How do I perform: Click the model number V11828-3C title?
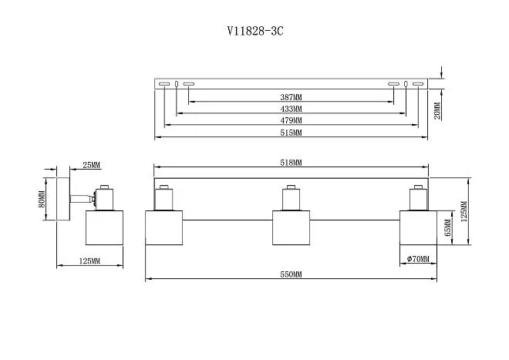[254, 31]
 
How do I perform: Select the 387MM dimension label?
[292, 96]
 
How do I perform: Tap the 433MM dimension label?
[292, 109]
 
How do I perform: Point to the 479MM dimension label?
[292, 120]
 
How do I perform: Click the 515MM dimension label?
[292, 133]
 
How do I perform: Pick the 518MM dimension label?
[292, 163]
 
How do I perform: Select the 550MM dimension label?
[292, 274]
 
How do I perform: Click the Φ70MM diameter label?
[418, 259]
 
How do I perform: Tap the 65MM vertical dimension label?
[447, 228]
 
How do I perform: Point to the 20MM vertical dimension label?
[437, 111]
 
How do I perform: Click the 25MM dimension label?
[91, 165]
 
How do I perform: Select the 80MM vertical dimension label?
[41, 199]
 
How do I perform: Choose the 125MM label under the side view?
[89, 261]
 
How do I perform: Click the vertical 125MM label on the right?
[463, 211]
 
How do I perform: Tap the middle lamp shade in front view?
[291, 227]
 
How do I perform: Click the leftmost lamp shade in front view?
[164, 227]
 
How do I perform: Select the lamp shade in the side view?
[105, 227]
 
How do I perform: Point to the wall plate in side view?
[63, 200]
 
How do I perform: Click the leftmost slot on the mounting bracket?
[164, 84]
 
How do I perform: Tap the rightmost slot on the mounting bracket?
[419, 84]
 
